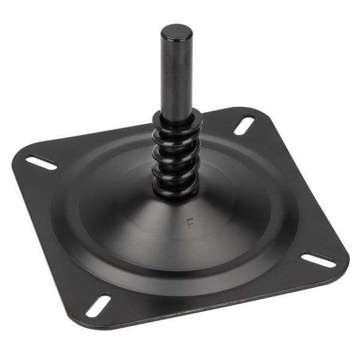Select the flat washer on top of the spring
tap(177, 119)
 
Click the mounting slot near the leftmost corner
tap(41, 162)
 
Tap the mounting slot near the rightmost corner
tap(318, 260)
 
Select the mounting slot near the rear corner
tap(244, 125)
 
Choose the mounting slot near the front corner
tap(97, 304)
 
